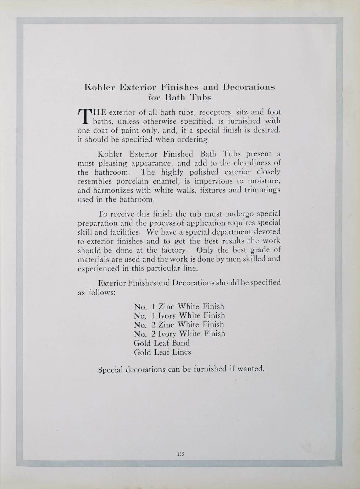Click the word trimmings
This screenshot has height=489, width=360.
tap(262, 190)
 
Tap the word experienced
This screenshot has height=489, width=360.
tap(98, 268)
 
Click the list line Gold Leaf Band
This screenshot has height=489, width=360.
tap(161, 343)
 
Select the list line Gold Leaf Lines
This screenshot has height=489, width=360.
tap(162, 352)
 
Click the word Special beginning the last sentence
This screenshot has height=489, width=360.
tap(110, 370)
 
